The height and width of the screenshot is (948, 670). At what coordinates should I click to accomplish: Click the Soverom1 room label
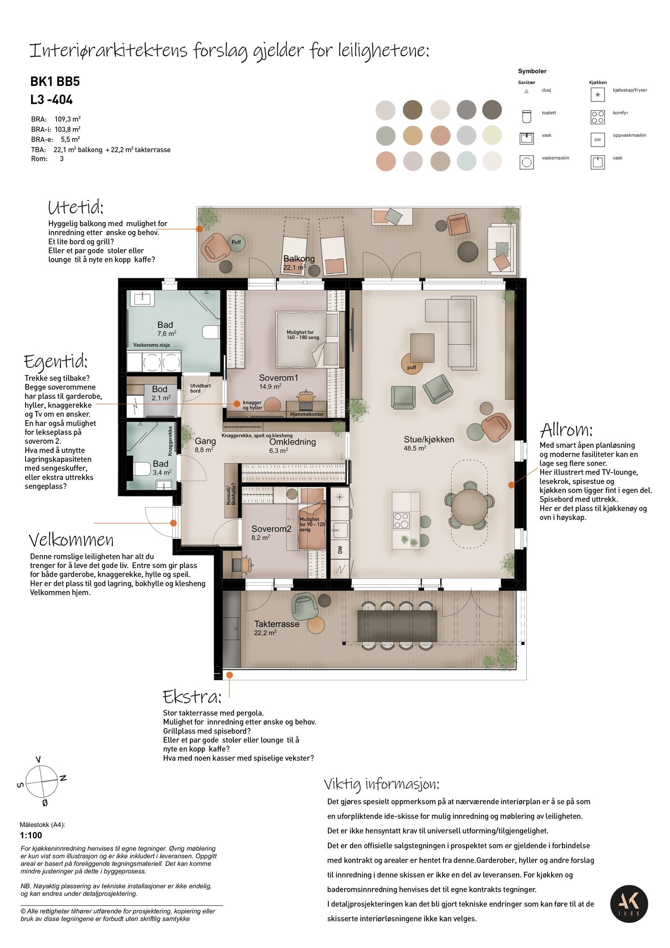pyautogui.click(x=278, y=378)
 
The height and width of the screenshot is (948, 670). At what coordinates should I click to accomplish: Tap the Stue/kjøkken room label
pyautogui.click(x=428, y=439)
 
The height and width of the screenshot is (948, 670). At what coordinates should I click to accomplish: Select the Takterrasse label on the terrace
pyautogui.click(x=276, y=624)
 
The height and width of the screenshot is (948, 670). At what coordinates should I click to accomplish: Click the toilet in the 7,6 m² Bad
pyautogui.click(x=211, y=332)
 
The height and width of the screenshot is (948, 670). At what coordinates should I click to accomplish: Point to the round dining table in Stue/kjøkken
pyautogui.click(x=469, y=507)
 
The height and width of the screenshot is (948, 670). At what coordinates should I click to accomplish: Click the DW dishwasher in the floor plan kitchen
pyautogui.click(x=340, y=550)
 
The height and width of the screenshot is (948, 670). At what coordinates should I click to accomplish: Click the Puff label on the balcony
pyautogui.click(x=236, y=242)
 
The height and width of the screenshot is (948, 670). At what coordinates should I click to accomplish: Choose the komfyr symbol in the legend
pyautogui.click(x=598, y=117)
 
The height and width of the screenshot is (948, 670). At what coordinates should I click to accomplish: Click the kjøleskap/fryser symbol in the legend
pyautogui.click(x=598, y=95)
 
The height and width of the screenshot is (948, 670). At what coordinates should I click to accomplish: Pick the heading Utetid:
pyautogui.click(x=76, y=207)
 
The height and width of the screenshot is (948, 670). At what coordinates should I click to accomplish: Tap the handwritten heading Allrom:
pyautogui.click(x=566, y=430)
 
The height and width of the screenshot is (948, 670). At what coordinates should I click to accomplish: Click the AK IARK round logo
pyautogui.click(x=629, y=904)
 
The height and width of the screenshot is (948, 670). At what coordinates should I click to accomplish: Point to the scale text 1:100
pyautogui.click(x=31, y=835)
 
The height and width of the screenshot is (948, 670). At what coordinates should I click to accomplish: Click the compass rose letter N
pyautogui.click(x=63, y=778)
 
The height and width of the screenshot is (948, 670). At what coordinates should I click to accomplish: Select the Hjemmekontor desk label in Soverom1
pyautogui.click(x=307, y=414)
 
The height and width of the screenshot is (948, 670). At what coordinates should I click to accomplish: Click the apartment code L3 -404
pyautogui.click(x=52, y=100)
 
